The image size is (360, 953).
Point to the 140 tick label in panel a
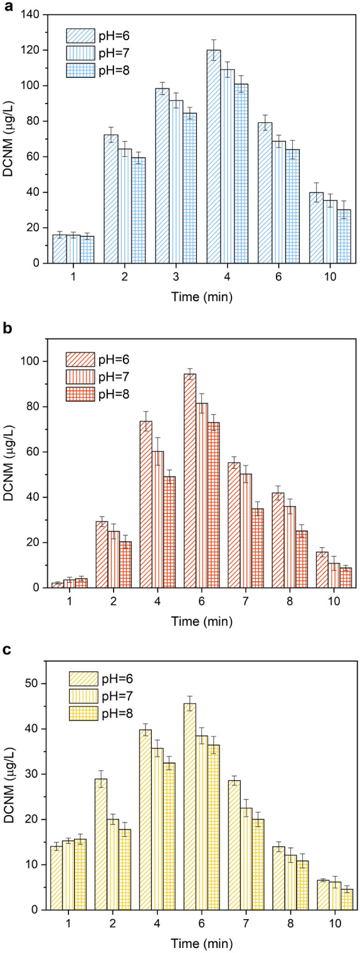coord(29,14)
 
